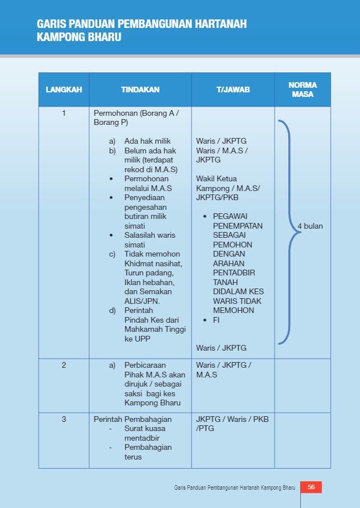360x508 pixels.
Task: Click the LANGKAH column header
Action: (64, 90)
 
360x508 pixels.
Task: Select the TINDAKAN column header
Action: (140, 90)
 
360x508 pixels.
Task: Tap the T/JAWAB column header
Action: (233, 90)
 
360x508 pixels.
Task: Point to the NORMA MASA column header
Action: (302, 90)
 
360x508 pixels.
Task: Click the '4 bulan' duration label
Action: (310, 226)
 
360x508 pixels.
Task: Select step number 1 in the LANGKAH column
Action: (64, 113)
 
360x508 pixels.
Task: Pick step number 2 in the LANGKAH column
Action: (64, 365)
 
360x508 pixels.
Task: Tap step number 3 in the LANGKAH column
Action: (64, 419)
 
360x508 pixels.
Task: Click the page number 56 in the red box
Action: (311, 487)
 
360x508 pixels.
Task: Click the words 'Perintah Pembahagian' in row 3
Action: (133, 419)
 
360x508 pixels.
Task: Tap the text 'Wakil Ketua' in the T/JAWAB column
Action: (216, 178)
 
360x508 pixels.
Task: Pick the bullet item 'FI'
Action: (216, 320)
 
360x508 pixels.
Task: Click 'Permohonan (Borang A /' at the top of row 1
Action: (136, 113)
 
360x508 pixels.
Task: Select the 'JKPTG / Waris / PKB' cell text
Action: (232, 419)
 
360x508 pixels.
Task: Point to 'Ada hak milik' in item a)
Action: (148, 141)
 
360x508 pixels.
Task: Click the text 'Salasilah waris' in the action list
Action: (150, 235)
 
